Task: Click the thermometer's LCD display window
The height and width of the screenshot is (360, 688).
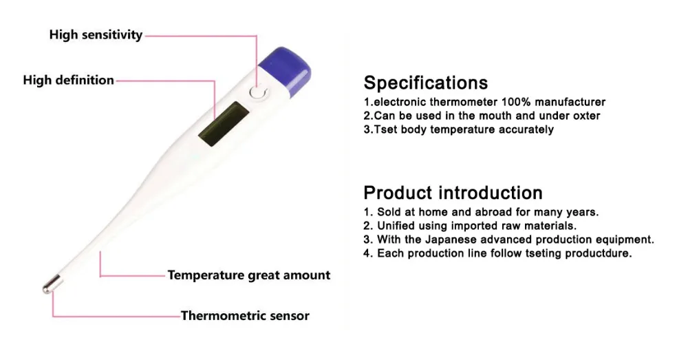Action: [222, 123]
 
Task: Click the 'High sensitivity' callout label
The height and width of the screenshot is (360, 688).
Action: [96, 34]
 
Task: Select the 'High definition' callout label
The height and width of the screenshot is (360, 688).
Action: [68, 80]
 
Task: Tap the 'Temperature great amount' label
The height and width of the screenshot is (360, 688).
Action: [249, 275]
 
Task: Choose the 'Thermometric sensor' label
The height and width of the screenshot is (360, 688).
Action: [245, 316]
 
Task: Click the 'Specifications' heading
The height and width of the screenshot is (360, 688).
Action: [425, 83]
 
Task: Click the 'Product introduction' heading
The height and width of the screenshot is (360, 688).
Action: [453, 192]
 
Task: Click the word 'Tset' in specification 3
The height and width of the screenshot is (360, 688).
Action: [386, 129]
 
